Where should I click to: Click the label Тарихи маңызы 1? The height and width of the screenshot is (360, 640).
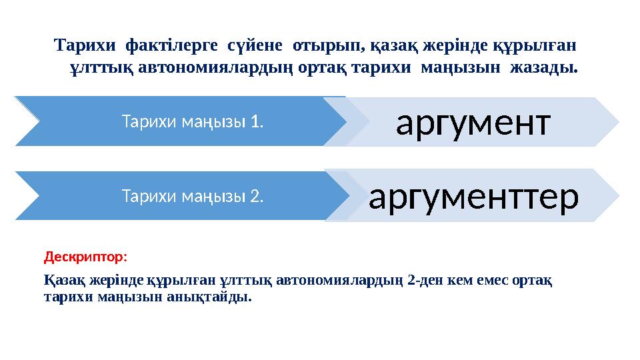(x=192, y=121)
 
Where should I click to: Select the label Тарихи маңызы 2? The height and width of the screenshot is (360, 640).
(x=192, y=196)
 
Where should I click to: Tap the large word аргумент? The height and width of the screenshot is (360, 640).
(x=473, y=121)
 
